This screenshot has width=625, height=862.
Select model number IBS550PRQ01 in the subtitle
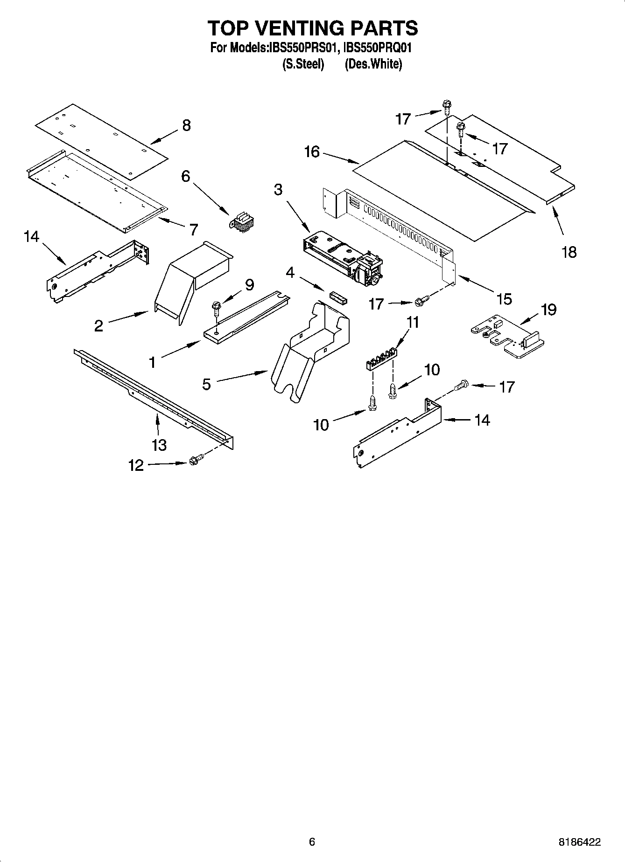(x=377, y=48)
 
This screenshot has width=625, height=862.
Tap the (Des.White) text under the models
(x=373, y=64)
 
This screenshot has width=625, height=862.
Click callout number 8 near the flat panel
(x=186, y=125)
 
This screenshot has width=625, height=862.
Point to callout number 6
(x=186, y=176)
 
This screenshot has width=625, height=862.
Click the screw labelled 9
(x=216, y=307)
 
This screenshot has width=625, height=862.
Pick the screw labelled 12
(x=195, y=461)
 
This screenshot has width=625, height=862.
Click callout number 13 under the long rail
(x=159, y=445)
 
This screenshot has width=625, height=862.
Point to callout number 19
(x=549, y=310)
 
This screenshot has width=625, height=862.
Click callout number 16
(x=312, y=152)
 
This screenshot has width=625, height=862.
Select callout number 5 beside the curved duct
(x=206, y=384)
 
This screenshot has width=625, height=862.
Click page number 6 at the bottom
(x=312, y=841)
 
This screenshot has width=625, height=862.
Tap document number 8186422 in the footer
(x=579, y=842)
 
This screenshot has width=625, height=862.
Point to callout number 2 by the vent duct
(x=98, y=325)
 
